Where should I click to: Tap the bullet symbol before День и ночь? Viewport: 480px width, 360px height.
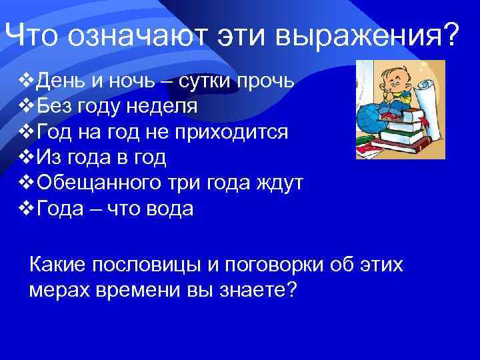[25, 81]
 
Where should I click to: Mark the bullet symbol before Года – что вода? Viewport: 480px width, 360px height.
[25, 209]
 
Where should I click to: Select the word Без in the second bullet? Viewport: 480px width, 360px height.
[53, 107]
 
